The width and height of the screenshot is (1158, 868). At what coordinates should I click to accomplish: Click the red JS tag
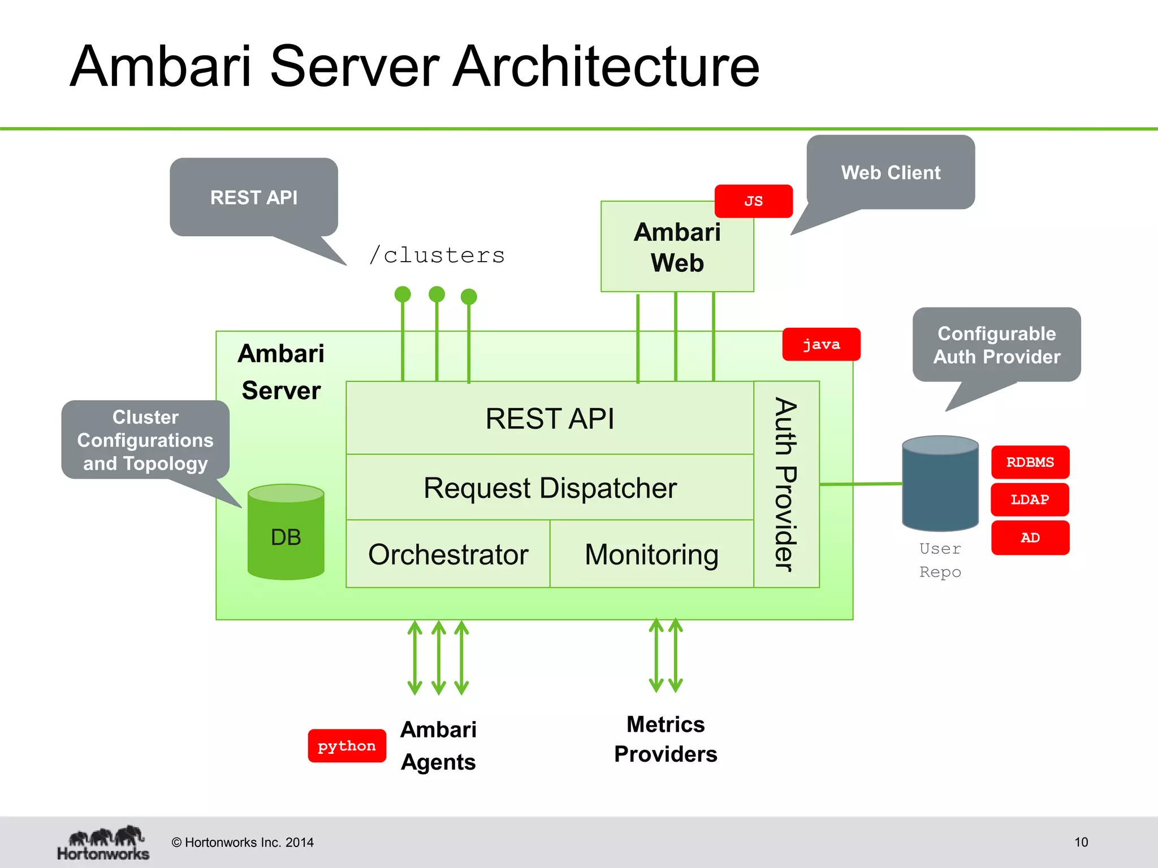coord(753,201)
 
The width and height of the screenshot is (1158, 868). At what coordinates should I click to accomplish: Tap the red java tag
coord(821,344)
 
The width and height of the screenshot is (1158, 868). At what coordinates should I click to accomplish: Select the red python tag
coord(347,746)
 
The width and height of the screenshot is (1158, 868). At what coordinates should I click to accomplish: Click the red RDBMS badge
coord(1030,462)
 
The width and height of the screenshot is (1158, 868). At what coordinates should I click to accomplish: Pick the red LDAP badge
coord(1030,500)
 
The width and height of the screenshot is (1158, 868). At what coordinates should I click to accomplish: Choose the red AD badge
coord(1030,537)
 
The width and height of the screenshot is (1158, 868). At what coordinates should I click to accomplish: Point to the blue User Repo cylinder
coord(940,484)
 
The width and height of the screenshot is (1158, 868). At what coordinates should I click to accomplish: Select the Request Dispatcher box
coord(550,488)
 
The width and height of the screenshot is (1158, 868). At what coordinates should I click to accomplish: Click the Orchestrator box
coord(448,554)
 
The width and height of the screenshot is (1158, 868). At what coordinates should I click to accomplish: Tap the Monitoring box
coord(651,554)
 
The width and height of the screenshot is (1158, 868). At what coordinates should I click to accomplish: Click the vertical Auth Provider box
coord(786,484)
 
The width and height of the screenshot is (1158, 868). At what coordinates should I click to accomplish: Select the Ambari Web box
coord(677,248)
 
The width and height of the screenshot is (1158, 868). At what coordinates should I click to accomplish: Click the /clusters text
coord(437,255)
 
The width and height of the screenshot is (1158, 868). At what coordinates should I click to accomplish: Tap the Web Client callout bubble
coord(891,172)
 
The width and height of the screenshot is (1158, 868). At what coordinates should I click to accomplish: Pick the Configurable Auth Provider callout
coord(996,345)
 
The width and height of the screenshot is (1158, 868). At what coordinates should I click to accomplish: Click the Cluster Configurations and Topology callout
coord(145,440)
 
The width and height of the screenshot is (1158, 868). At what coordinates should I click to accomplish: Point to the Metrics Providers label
coord(666,739)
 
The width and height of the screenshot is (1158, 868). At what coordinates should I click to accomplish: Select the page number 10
coord(1081,842)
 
